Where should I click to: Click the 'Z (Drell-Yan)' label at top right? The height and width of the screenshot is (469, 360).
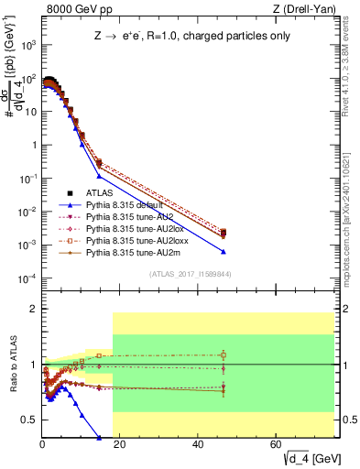pyautogui.click(x=310, y=10)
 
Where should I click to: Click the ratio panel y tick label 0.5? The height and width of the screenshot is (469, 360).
pyautogui.click(x=29, y=420)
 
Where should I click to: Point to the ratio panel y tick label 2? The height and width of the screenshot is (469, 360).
pyautogui.click(x=33, y=309)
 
